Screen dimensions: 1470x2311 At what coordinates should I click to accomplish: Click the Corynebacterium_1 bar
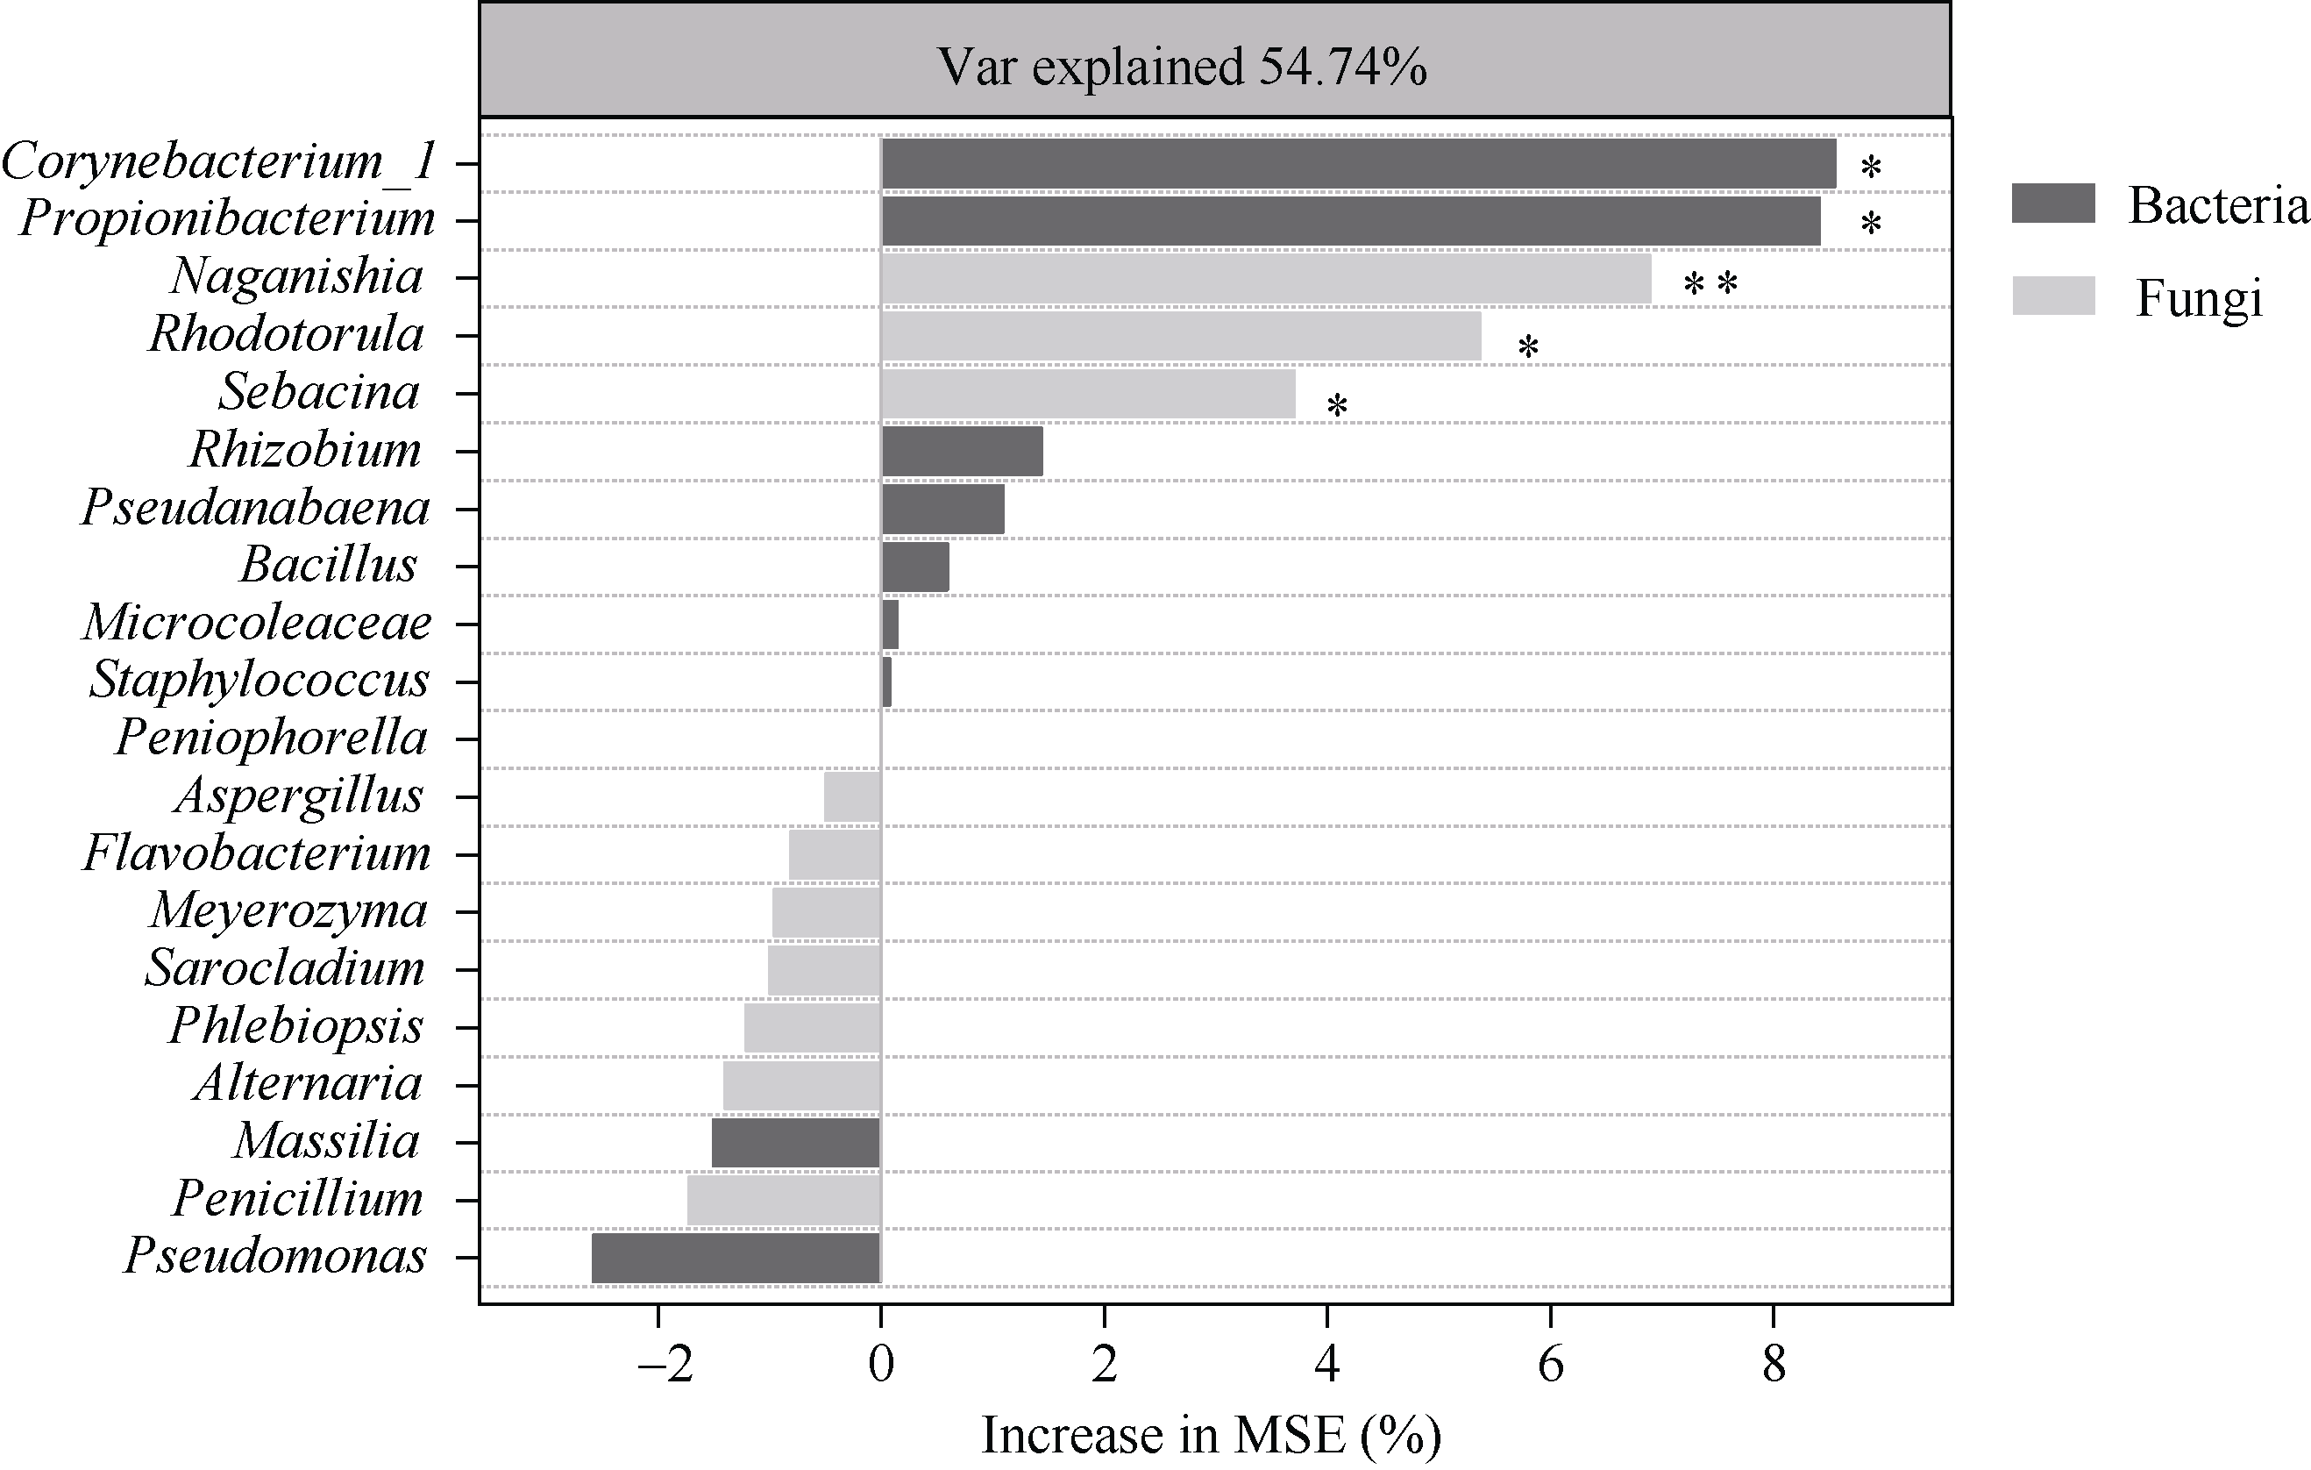point(1358,163)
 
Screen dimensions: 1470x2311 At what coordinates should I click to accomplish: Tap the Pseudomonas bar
point(736,1258)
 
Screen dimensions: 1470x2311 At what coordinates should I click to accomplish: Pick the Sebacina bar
point(1087,394)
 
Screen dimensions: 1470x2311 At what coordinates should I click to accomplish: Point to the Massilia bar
point(795,1143)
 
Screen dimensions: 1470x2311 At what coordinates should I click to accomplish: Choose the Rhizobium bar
point(962,452)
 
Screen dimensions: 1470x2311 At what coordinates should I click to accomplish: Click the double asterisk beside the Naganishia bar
point(1710,285)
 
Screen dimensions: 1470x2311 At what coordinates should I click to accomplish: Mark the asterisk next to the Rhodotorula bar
point(1528,347)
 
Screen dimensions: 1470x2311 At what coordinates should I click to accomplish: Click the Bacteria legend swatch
point(2053,203)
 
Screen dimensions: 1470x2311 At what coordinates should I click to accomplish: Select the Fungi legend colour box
point(2053,296)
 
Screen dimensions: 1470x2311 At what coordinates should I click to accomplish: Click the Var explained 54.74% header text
point(1183,68)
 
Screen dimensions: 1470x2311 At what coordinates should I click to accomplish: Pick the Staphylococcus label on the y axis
point(260,680)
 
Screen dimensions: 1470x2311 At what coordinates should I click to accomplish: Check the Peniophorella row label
point(271,738)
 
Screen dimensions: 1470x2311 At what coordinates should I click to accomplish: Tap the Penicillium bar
point(784,1200)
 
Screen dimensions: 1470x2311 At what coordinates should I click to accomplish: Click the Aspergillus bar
point(852,797)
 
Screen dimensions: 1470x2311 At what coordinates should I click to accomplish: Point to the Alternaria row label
point(308,1084)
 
